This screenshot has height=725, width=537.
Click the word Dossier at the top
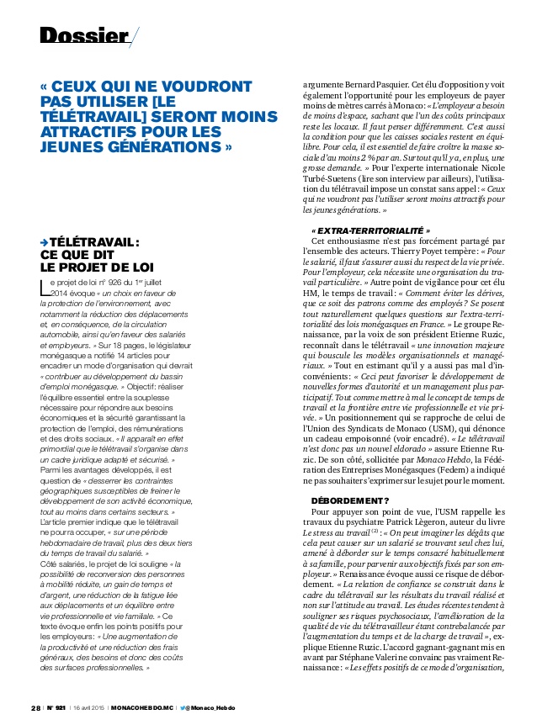[80, 35]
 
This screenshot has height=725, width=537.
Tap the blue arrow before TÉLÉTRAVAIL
[45, 243]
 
